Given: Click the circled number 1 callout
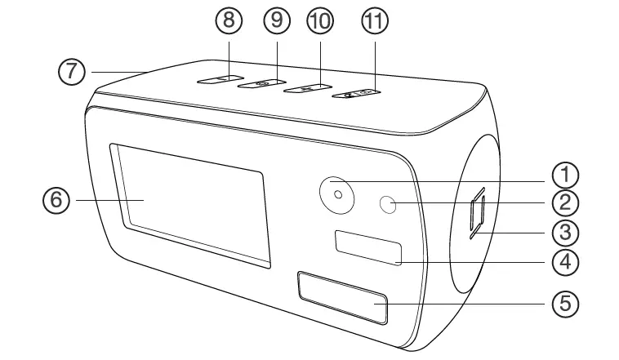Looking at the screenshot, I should coord(565,174).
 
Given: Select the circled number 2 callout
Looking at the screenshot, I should coord(565,200).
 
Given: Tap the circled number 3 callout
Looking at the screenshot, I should coord(565,233).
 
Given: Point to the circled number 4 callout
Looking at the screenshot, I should coord(565,262).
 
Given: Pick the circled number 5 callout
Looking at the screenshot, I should coord(565,303).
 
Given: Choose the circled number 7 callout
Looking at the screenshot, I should coord(72,72).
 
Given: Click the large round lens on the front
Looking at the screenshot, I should coord(336,194).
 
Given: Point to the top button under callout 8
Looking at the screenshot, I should coord(216,78).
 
